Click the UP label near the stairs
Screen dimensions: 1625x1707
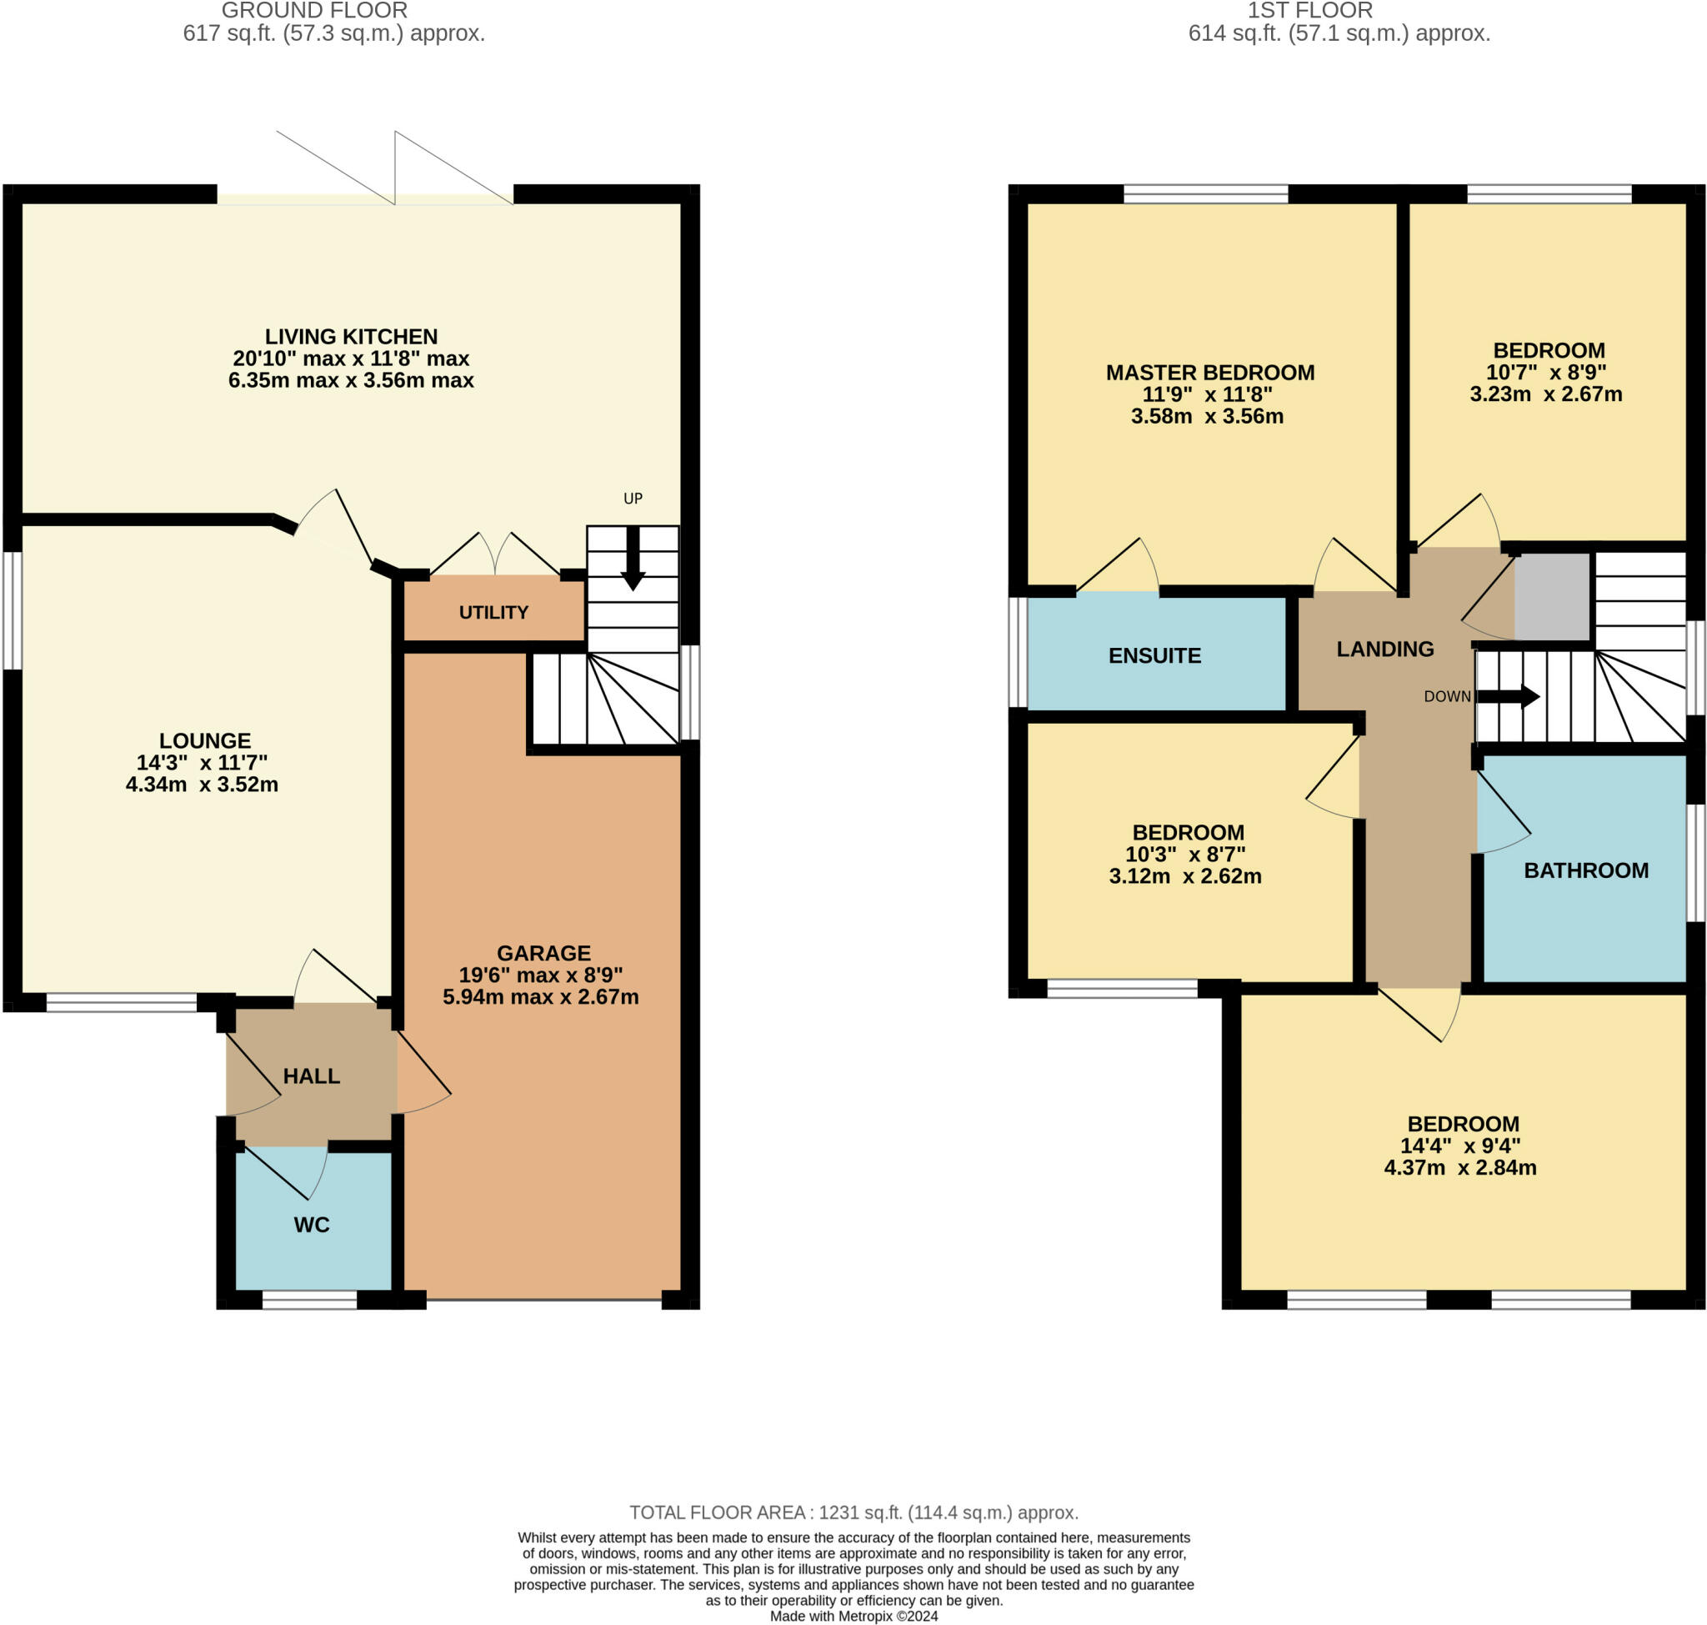point(633,498)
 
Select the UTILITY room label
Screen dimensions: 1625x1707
point(493,613)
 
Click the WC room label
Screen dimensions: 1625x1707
point(312,1225)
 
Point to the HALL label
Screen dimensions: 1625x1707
point(311,1076)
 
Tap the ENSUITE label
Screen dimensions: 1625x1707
point(1154,655)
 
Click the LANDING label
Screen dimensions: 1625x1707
point(1384,649)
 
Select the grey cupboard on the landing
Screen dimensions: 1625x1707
point(1551,596)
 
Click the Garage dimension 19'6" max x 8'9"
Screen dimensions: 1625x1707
point(540,975)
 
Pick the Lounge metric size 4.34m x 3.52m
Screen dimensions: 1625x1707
point(202,785)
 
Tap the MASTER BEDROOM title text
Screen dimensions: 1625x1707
point(1209,373)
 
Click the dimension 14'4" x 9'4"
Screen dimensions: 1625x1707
point(1460,1145)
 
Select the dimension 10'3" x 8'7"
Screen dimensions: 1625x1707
point(1184,854)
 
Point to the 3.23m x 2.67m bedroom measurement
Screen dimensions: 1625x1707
point(1545,394)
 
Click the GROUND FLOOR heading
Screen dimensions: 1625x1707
point(314,12)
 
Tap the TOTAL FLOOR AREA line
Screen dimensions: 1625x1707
point(853,1512)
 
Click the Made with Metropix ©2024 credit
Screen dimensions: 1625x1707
point(853,1617)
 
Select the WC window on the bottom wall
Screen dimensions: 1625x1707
point(309,1300)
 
